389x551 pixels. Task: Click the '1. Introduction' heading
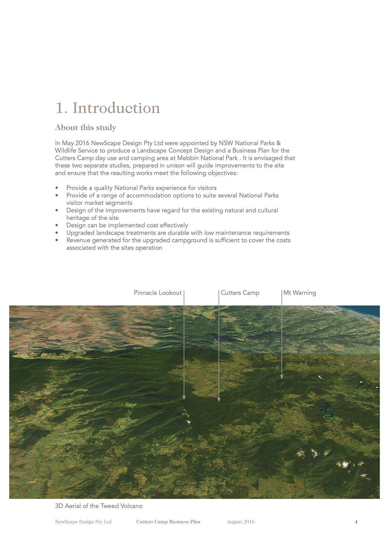click(108, 108)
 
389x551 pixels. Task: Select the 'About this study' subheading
click(85, 127)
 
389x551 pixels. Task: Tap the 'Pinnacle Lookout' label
click(158, 293)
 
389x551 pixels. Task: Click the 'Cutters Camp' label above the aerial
click(240, 293)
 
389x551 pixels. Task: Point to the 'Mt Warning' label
click(299, 293)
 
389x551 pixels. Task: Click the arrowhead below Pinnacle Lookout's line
click(184, 398)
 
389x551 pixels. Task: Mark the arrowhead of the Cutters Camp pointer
click(219, 399)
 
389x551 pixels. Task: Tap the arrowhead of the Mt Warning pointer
click(282, 377)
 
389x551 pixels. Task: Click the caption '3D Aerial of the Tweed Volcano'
click(99, 506)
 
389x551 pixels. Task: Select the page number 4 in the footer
click(356, 522)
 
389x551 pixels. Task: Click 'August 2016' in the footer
click(240, 522)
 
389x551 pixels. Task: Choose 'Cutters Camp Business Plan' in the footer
click(168, 522)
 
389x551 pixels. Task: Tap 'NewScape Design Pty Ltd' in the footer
click(83, 522)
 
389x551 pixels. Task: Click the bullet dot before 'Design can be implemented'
click(57, 226)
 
